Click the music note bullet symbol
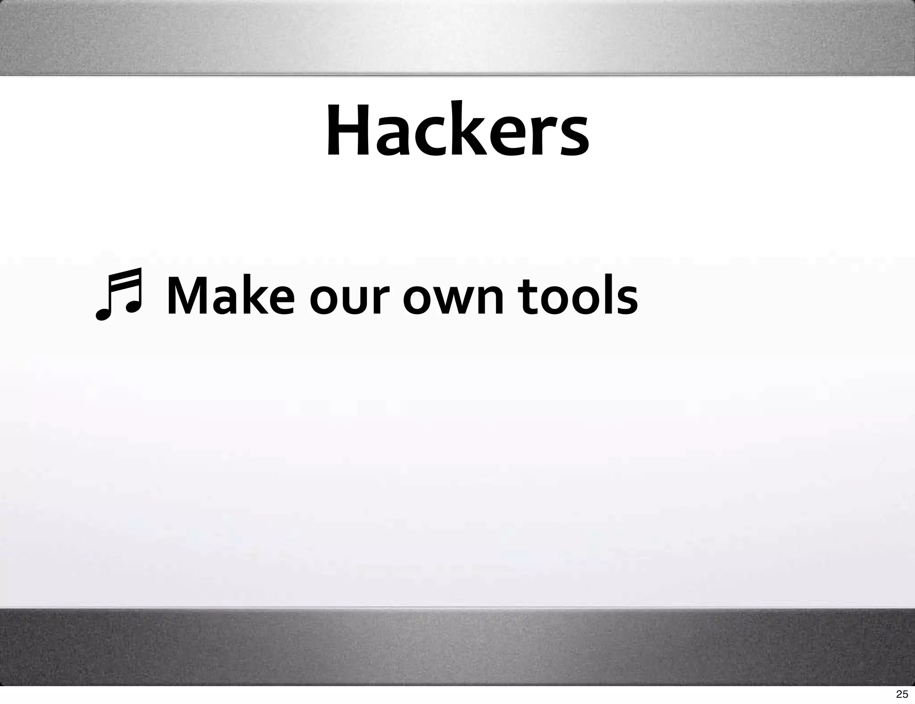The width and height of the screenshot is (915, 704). [x=118, y=294]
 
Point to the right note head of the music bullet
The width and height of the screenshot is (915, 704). [x=132, y=306]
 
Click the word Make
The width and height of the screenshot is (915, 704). [x=231, y=296]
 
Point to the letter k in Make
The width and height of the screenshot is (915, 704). [x=253, y=295]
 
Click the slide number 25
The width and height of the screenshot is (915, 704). [x=902, y=694]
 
